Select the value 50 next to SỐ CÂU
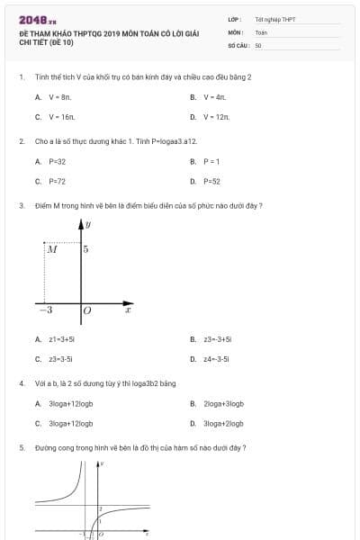(x=258, y=44)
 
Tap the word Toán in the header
(x=261, y=31)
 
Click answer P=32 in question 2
(x=57, y=161)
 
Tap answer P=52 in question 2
(x=212, y=181)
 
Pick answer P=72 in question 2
(x=57, y=181)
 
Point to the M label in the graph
(x=52, y=249)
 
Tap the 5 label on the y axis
(x=85, y=249)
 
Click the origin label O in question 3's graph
(x=87, y=310)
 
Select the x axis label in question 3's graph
(x=128, y=310)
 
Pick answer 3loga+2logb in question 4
(x=224, y=423)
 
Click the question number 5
(x=21, y=447)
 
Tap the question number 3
(x=21, y=206)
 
